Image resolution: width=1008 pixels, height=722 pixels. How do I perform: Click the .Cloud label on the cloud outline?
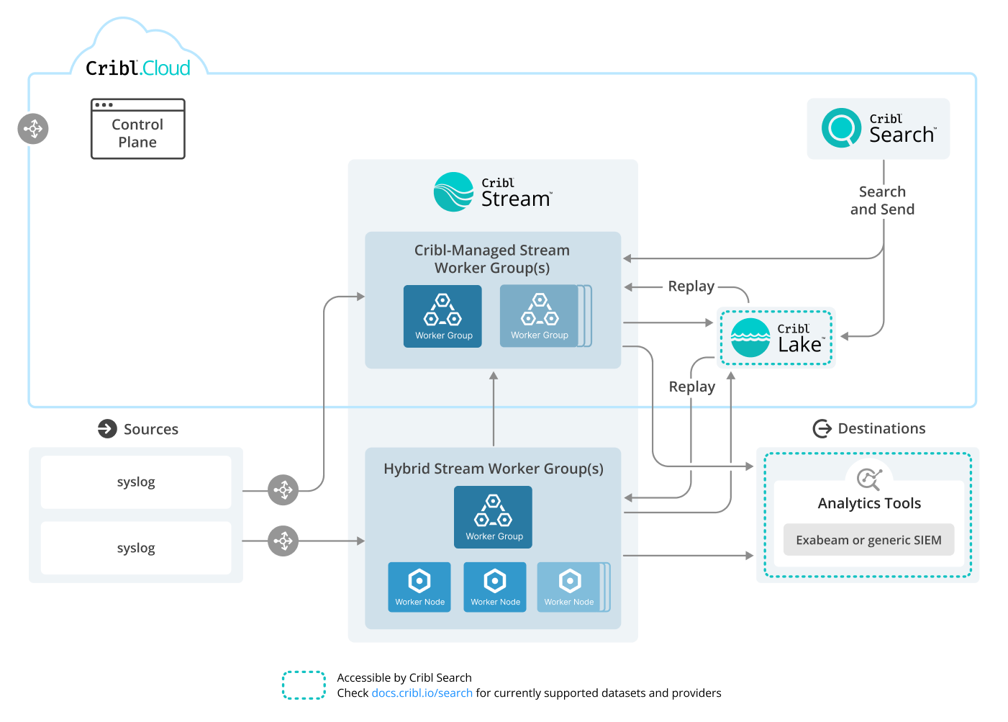(165, 68)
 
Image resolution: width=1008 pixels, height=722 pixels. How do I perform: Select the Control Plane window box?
(137, 130)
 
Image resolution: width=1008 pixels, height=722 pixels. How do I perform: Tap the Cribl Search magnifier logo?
(841, 128)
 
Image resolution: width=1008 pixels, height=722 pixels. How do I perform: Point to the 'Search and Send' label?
(882, 201)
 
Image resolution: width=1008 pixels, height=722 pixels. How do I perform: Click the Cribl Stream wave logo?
(453, 192)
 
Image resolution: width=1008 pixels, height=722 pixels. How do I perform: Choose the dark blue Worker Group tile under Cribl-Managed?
(442, 316)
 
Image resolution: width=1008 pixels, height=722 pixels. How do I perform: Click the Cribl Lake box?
(776, 338)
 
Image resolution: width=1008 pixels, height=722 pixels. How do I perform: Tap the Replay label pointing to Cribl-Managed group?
(691, 286)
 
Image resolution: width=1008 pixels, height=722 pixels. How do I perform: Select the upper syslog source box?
(136, 482)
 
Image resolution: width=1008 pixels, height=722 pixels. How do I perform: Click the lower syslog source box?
(136, 548)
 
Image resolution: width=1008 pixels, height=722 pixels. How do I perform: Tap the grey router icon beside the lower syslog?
(283, 541)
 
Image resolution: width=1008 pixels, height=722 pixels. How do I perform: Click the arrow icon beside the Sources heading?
(107, 429)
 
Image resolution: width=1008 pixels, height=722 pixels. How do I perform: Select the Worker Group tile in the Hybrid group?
(493, 517)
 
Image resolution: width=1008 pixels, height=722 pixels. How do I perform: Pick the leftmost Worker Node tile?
(419, 587)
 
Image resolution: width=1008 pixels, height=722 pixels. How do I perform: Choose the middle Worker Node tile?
(495, 587)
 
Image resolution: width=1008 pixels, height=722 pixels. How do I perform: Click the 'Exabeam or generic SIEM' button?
(868, 540)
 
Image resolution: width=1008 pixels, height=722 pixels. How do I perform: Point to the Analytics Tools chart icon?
(869, 479)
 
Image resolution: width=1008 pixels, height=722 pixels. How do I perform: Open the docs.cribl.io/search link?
(422, 693)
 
